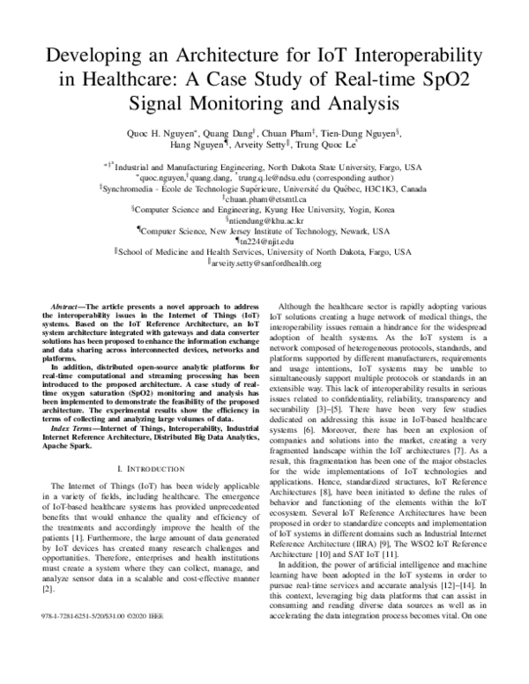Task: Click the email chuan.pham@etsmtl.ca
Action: coord(265,201)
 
